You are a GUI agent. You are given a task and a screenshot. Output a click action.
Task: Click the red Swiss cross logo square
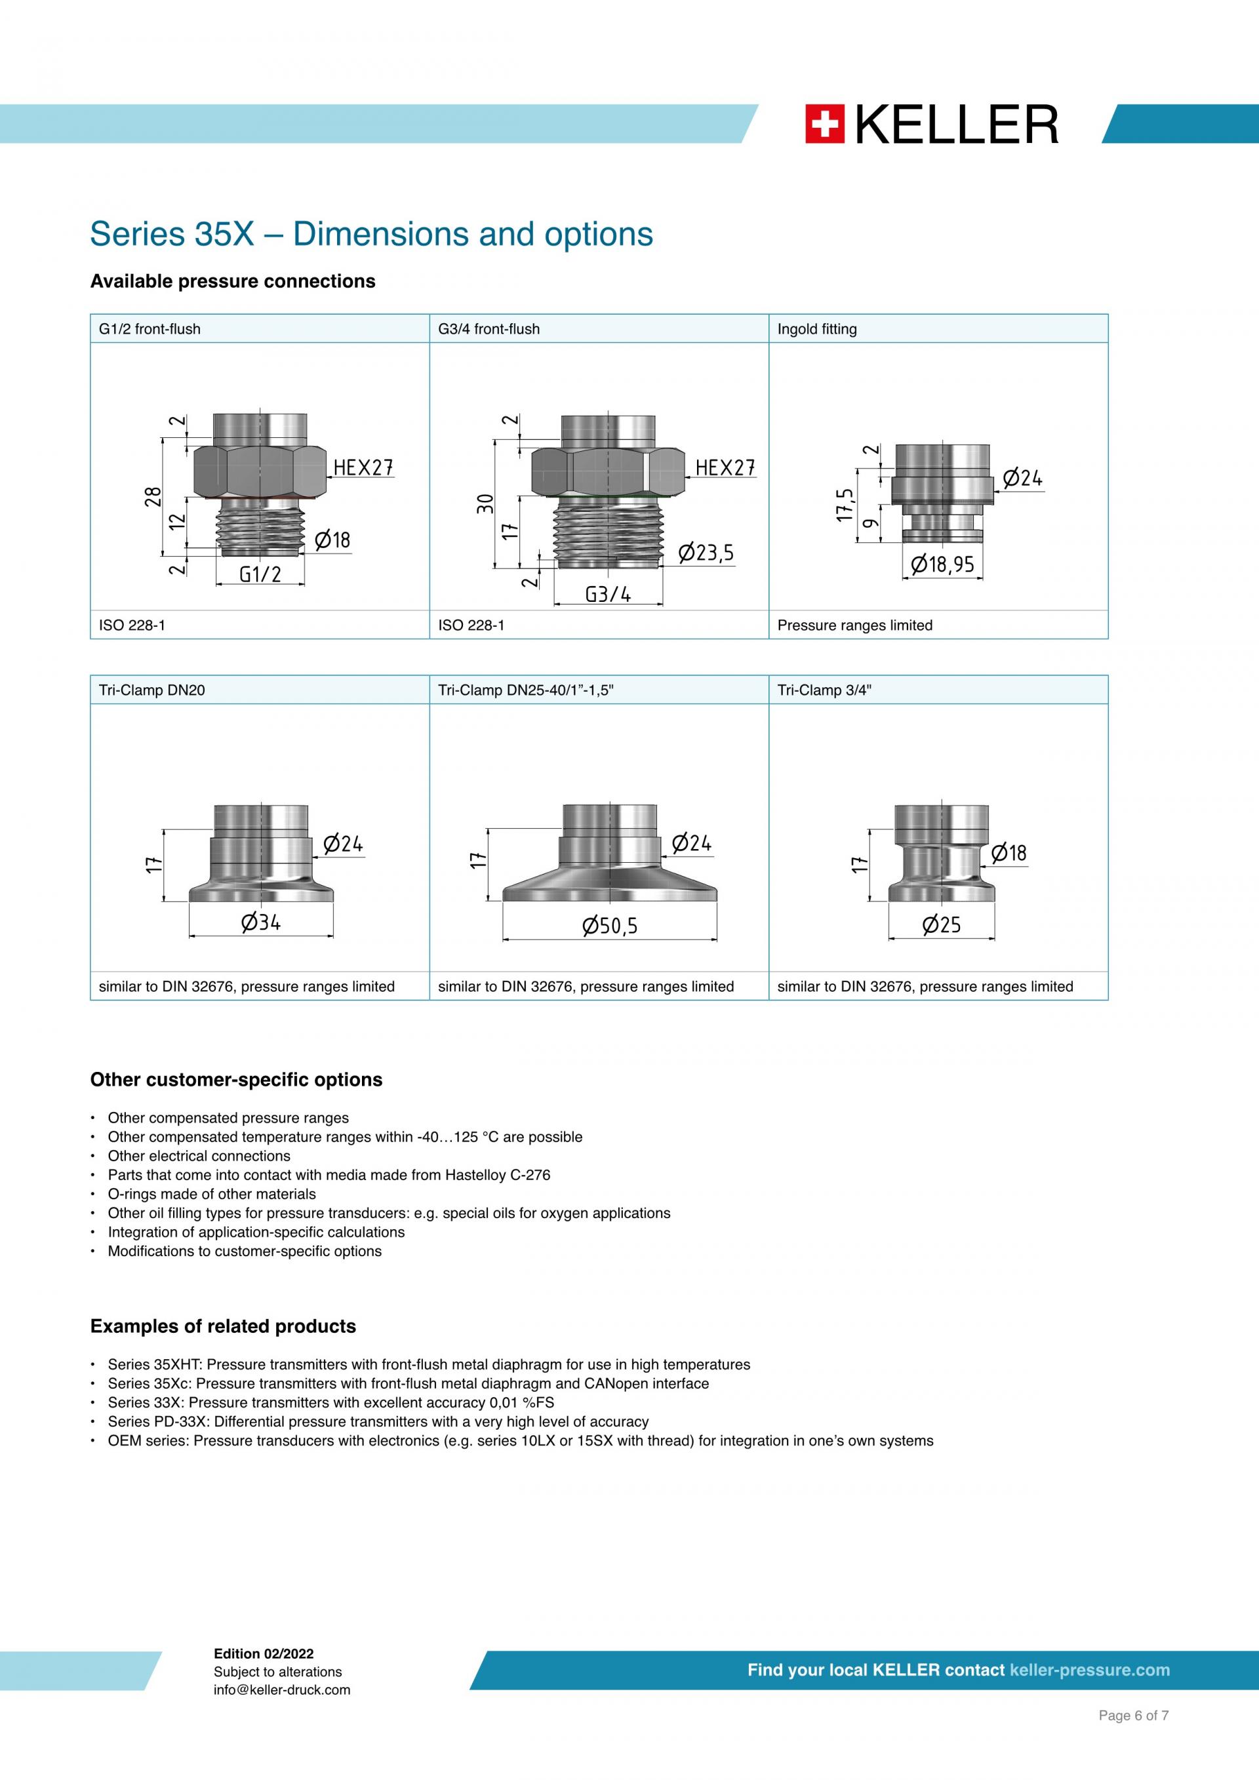[x=824, y=124]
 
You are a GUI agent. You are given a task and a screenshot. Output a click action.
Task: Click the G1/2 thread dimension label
[x=260, y=574]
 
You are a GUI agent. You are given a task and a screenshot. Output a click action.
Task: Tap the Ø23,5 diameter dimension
[x=706, y=553]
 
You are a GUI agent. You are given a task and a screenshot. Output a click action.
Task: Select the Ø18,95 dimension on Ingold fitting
[x=942, y=564]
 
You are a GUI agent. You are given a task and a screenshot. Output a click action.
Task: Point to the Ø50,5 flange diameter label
[x=609, y=926]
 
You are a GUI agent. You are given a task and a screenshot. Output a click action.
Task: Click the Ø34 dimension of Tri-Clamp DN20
[x=260, y=922]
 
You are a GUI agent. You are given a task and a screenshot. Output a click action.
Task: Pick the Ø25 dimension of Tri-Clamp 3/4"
[x=941, y=925]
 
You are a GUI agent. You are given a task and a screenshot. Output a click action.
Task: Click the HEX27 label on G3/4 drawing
[x=725, y=467]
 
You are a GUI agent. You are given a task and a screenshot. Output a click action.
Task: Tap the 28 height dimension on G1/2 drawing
[x=153, y=496]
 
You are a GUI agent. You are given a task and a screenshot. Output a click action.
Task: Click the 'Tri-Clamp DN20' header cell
[x=152, y=690]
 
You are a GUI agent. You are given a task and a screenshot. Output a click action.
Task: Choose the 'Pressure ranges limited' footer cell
[x=854, y=625]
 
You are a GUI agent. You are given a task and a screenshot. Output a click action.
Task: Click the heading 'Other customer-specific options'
[x=237, y=1079]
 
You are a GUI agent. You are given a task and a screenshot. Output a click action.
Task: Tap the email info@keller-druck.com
[x=281, y=1690]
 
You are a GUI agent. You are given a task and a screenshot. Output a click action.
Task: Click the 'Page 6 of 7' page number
[x=1132, y=1737]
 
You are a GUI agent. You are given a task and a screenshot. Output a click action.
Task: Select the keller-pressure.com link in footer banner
[x=1089, y=1670]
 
